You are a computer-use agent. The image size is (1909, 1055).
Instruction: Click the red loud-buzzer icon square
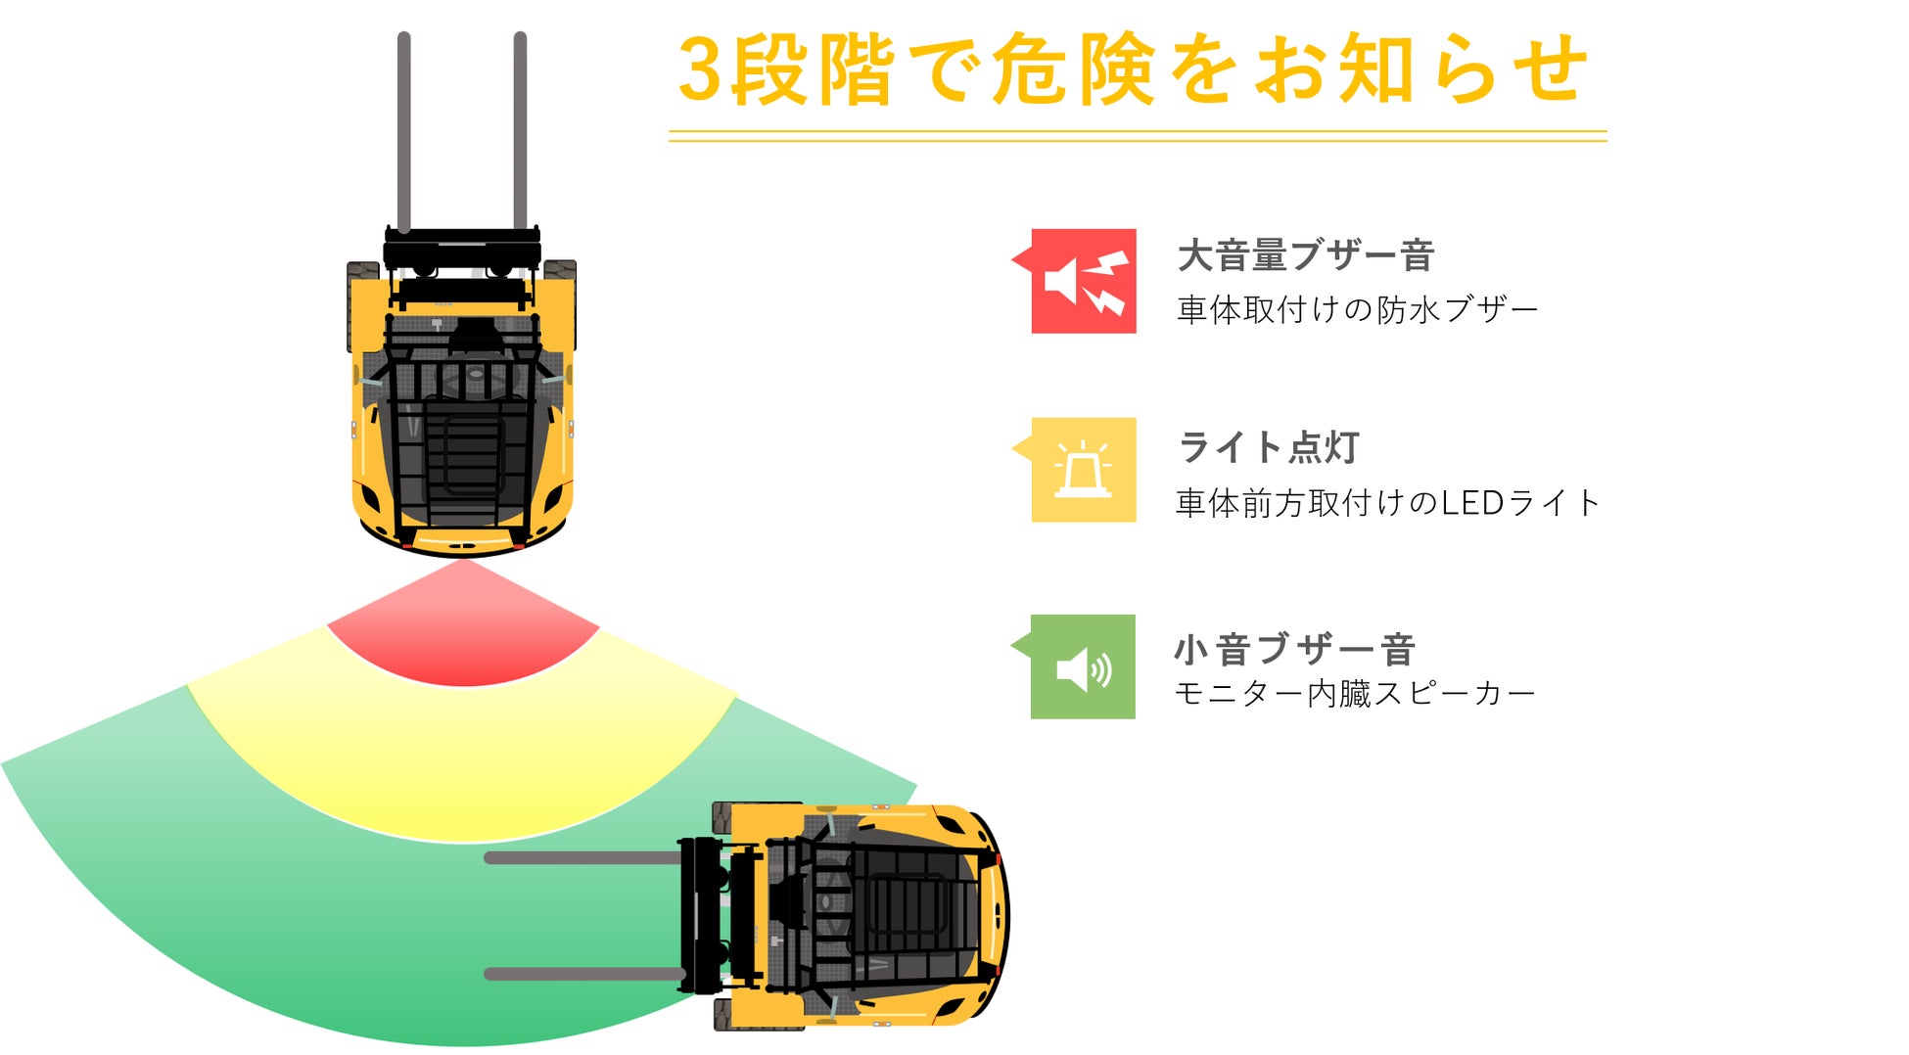1083,281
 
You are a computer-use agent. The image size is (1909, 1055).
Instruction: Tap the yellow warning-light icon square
1083,470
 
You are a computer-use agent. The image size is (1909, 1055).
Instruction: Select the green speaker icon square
1083,666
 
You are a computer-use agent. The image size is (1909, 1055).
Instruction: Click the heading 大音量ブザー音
1305,255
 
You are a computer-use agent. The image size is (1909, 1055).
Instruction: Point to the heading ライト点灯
1269,447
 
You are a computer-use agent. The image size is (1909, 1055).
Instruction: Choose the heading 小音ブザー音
1294,649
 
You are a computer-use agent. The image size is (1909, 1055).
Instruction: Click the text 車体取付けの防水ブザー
1357,310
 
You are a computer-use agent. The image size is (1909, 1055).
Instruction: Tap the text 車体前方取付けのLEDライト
1386,503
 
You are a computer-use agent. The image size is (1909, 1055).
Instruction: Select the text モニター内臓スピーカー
1354,694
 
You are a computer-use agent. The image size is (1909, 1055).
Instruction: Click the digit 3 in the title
700,70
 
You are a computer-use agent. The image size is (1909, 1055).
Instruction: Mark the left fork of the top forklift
403,132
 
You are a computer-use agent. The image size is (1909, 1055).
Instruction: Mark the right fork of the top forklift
520,132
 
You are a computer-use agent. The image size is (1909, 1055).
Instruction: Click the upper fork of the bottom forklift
583,858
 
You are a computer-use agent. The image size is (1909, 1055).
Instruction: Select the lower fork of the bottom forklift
583,974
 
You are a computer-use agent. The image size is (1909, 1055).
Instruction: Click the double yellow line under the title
1137,136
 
